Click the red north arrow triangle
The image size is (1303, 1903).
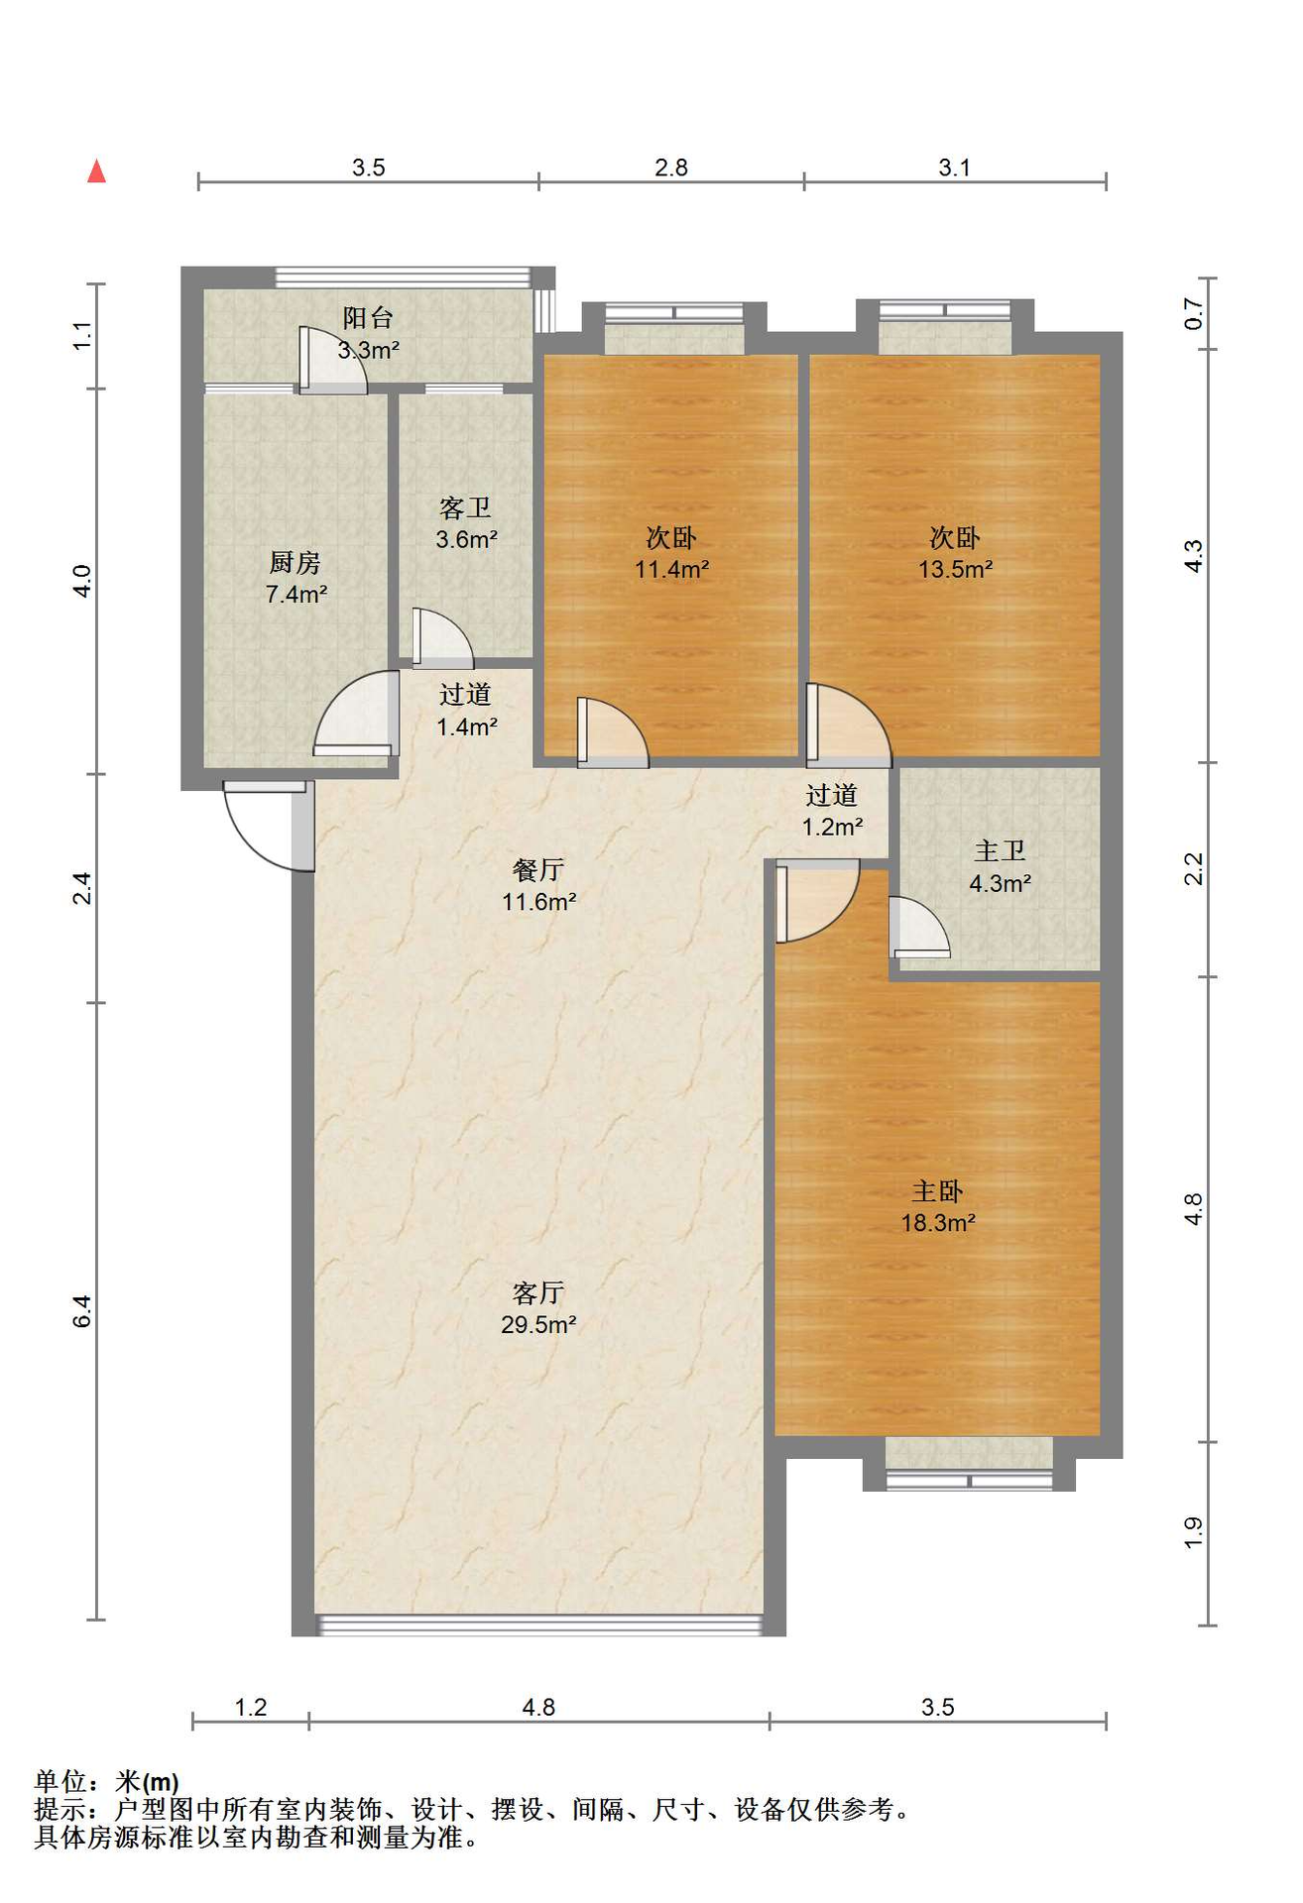coord(96,171)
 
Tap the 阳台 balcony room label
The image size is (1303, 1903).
coord(368,317)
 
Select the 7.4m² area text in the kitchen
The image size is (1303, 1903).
coord(296,595)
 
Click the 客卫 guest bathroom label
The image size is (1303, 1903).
coord(465,508)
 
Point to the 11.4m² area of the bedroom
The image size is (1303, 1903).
coord(672,569)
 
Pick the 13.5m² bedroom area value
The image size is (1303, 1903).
coord(956,569)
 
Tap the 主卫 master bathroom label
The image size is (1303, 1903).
coord(1000,850)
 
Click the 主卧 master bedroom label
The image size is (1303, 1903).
coord(937,1191)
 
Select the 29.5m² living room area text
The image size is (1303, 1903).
coord(539,1325)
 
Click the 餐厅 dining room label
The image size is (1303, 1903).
coord(538,870)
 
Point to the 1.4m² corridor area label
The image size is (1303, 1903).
coord(467,727)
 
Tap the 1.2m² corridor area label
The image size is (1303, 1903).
coord(832,827)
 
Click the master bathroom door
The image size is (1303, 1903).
coord(919,927)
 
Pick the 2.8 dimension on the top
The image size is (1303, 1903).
coord(671,168)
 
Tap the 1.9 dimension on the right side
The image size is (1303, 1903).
coord(1194,1533)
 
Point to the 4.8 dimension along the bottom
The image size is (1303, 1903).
coord(538,1707)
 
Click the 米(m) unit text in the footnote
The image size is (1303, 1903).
coord(147,1782)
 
